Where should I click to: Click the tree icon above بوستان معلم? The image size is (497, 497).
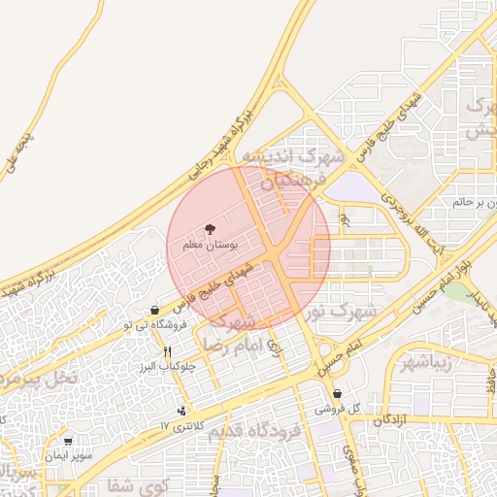click(211, 230)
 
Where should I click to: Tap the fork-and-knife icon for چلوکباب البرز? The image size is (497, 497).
click(168, 351)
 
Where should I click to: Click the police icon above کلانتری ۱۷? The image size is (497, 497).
click(182, 412)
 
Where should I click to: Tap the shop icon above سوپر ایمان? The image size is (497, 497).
click(69, 441)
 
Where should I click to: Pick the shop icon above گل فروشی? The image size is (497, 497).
click(337, 394)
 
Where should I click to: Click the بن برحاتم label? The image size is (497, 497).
click(475, 203)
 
